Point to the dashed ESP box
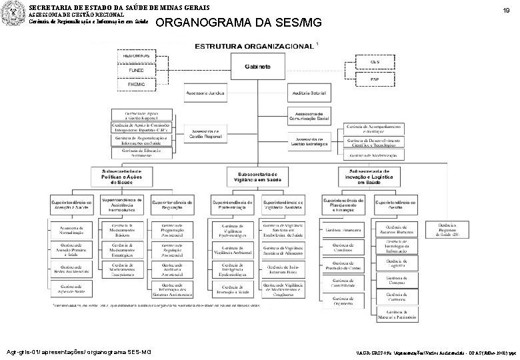click(375, 80)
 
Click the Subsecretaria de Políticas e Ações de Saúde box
click(122, 176)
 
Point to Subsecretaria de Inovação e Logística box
click(369, 176)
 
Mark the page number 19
click(506, 11)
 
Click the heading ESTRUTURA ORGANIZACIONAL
click(254, 46)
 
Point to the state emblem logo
click(13, 13)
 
